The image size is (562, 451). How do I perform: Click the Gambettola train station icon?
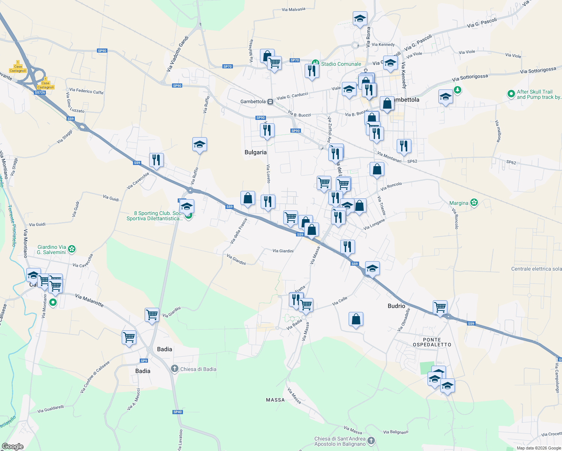point(270,102)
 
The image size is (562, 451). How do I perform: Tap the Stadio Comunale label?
point(341,64)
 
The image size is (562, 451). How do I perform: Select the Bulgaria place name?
point(255,152)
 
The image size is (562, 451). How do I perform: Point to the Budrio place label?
point(396,306)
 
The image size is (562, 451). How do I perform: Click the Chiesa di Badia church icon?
point(174,369)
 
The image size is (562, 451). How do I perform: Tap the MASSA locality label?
point(275,400)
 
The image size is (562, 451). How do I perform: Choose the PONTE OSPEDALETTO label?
point(432,342)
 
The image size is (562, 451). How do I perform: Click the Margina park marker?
point(474,203)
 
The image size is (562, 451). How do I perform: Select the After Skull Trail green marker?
point(511,94)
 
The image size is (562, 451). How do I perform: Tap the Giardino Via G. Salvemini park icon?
point(72,249)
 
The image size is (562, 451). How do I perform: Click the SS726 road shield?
point(40,92)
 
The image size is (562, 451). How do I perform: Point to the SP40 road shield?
point(178,412)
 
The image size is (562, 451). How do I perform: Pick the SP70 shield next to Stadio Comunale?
point(295,60)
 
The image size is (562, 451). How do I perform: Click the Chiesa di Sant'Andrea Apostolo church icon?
point(371,441)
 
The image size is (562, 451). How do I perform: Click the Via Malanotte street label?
point(89,300)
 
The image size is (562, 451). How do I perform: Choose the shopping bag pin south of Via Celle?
point(356,319)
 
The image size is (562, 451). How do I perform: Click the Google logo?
point(12,446)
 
